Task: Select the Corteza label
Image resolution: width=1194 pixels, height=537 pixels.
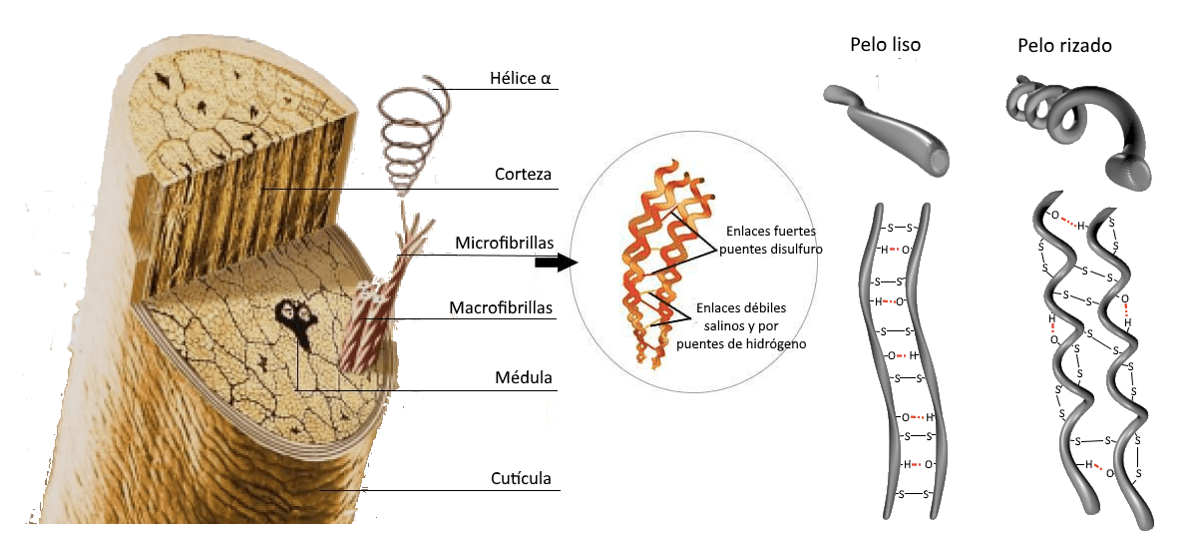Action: click(524, 175)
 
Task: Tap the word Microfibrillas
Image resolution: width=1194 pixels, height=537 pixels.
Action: click(504, 243)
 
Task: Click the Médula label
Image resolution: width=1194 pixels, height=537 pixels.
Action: click(524, 378)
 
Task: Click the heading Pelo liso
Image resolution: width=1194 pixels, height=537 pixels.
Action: click(885, 45)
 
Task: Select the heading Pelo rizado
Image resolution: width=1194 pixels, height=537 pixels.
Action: click(1064, 46)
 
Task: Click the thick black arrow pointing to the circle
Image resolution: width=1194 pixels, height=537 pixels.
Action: click(557, 263)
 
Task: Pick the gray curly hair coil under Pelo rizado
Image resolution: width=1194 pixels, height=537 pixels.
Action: click(1077, 124)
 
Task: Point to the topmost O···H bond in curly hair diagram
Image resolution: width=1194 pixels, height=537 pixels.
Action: click(1064, 220)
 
